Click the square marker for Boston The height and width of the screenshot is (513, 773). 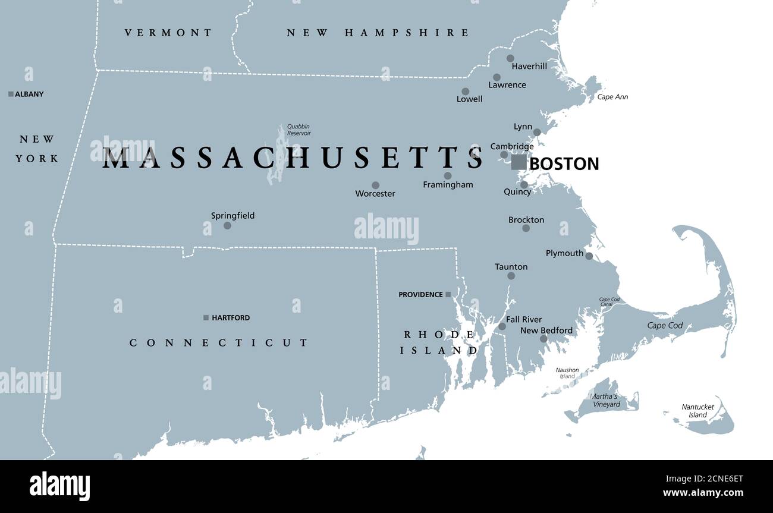pos(519,162)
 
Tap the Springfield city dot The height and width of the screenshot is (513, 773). pos(227,226)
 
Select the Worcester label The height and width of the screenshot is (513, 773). pos(375,194)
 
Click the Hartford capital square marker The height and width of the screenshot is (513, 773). pos(206,318)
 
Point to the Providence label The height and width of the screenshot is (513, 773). pos(420,295)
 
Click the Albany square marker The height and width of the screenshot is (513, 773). pos(11,94)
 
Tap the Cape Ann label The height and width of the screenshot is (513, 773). pos(612,97)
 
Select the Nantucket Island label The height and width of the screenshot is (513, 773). pos(697,411)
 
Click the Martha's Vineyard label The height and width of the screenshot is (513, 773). pos(605,401)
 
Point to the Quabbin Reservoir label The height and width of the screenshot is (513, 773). pos(298,130)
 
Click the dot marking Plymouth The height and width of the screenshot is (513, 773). pos(589,256)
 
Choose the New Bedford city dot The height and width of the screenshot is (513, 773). pos(543,339)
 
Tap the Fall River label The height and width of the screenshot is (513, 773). pos(524,320)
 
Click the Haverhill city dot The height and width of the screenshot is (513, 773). pos(510,58)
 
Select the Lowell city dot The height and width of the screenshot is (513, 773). pos(465,92)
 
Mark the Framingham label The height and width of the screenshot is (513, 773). pos(448,185)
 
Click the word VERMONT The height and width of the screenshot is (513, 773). pos(168,33)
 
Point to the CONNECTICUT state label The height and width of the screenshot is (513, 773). pos(219,343)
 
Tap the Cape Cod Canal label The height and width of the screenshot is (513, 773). pos(609,302)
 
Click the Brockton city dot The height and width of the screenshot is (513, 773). pos(526,228)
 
